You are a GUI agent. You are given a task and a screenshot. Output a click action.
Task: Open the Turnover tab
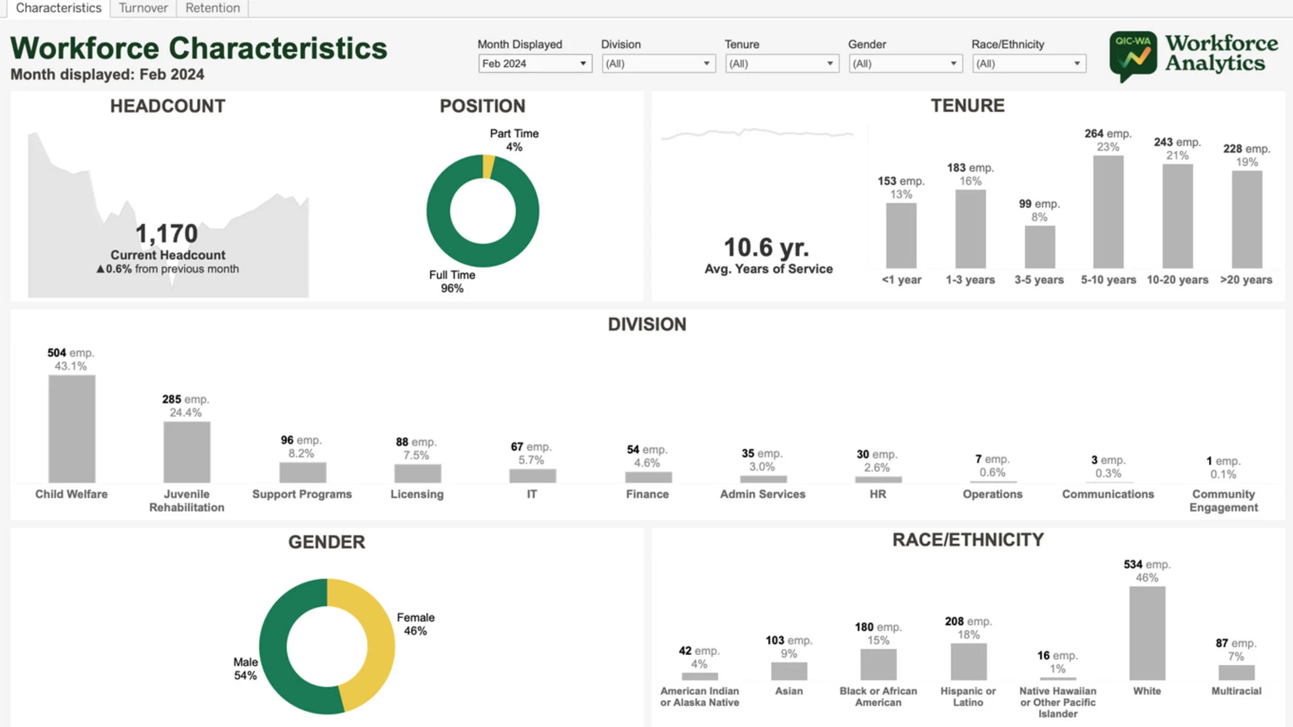[143, 8]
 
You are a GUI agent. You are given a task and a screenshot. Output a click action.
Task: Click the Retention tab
[212, 8]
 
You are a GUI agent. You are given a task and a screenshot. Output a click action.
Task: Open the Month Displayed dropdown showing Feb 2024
[535, 63]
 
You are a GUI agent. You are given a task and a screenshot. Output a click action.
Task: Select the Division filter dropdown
[658, 63]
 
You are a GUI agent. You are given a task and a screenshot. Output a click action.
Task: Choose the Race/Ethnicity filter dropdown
[1028, 63]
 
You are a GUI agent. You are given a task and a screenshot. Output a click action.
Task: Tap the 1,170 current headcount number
[166, 234]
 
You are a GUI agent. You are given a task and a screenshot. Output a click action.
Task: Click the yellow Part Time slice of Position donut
[488, 167]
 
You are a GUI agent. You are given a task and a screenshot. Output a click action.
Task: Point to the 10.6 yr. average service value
[766, 247]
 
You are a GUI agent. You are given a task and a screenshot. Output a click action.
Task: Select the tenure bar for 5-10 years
[1108, 212]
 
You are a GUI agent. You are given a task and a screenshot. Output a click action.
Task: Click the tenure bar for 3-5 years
[1039, 247]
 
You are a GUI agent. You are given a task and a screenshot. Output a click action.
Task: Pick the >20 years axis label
[1246, 279]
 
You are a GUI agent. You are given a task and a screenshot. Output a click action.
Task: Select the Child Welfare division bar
[71, 428]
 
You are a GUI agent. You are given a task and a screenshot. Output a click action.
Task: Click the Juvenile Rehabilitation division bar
[187, 452]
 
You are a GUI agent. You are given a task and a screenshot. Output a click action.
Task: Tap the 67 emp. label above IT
[531, 446]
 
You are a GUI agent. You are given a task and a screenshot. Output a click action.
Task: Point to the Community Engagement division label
[1223, 500]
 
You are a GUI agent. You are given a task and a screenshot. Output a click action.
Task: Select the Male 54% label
[245, 668]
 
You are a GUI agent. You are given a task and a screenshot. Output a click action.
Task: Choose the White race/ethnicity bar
[1147, 633]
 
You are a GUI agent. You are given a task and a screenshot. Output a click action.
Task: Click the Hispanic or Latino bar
[968, 662]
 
